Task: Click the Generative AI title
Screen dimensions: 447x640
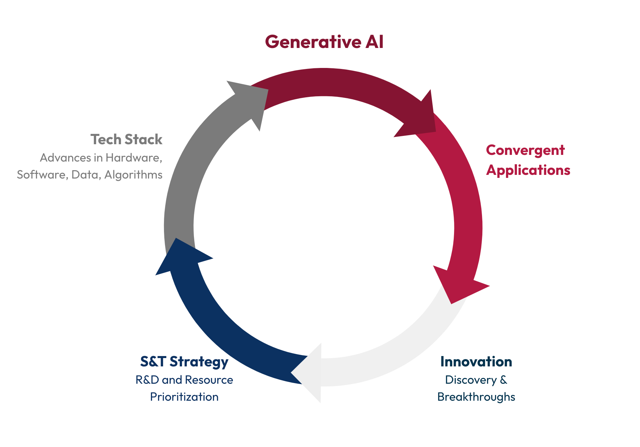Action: point(324,42)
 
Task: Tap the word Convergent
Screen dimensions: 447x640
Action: point(525,150)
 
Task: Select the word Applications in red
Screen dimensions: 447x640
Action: point(528,170)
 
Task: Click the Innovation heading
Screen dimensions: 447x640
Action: point(476,362)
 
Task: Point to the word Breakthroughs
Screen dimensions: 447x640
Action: point(476,397)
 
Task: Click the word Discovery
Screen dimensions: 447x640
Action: point(470,380)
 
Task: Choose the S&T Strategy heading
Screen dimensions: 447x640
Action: point(184,362)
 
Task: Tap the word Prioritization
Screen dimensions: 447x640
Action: point(184,397)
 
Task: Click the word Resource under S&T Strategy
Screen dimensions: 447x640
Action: point(209,380)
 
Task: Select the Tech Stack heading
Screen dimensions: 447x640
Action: point(126,140)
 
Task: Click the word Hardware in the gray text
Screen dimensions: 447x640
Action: point(133,158)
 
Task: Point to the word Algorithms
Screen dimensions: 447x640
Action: point(133,175)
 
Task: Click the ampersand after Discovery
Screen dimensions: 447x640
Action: point(503,380)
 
